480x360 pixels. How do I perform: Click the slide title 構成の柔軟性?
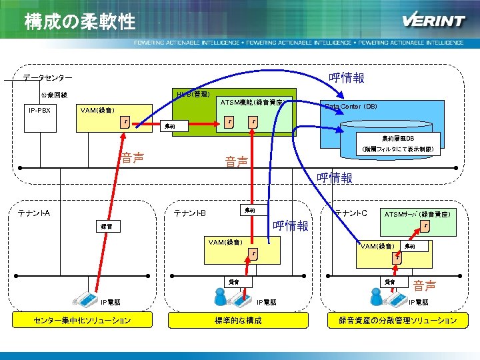point(79,22)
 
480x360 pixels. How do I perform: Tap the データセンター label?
point(48,78)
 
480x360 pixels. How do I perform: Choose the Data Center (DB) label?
point(351,107)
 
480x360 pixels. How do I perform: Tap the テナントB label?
point(189,213)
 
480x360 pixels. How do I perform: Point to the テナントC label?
point(351,213)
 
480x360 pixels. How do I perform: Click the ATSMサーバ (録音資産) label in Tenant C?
point(417,214)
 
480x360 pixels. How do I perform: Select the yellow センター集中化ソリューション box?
point(82,321)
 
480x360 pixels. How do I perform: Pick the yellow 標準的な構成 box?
point(238,321)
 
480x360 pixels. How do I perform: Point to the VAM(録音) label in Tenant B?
point(225,241)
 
